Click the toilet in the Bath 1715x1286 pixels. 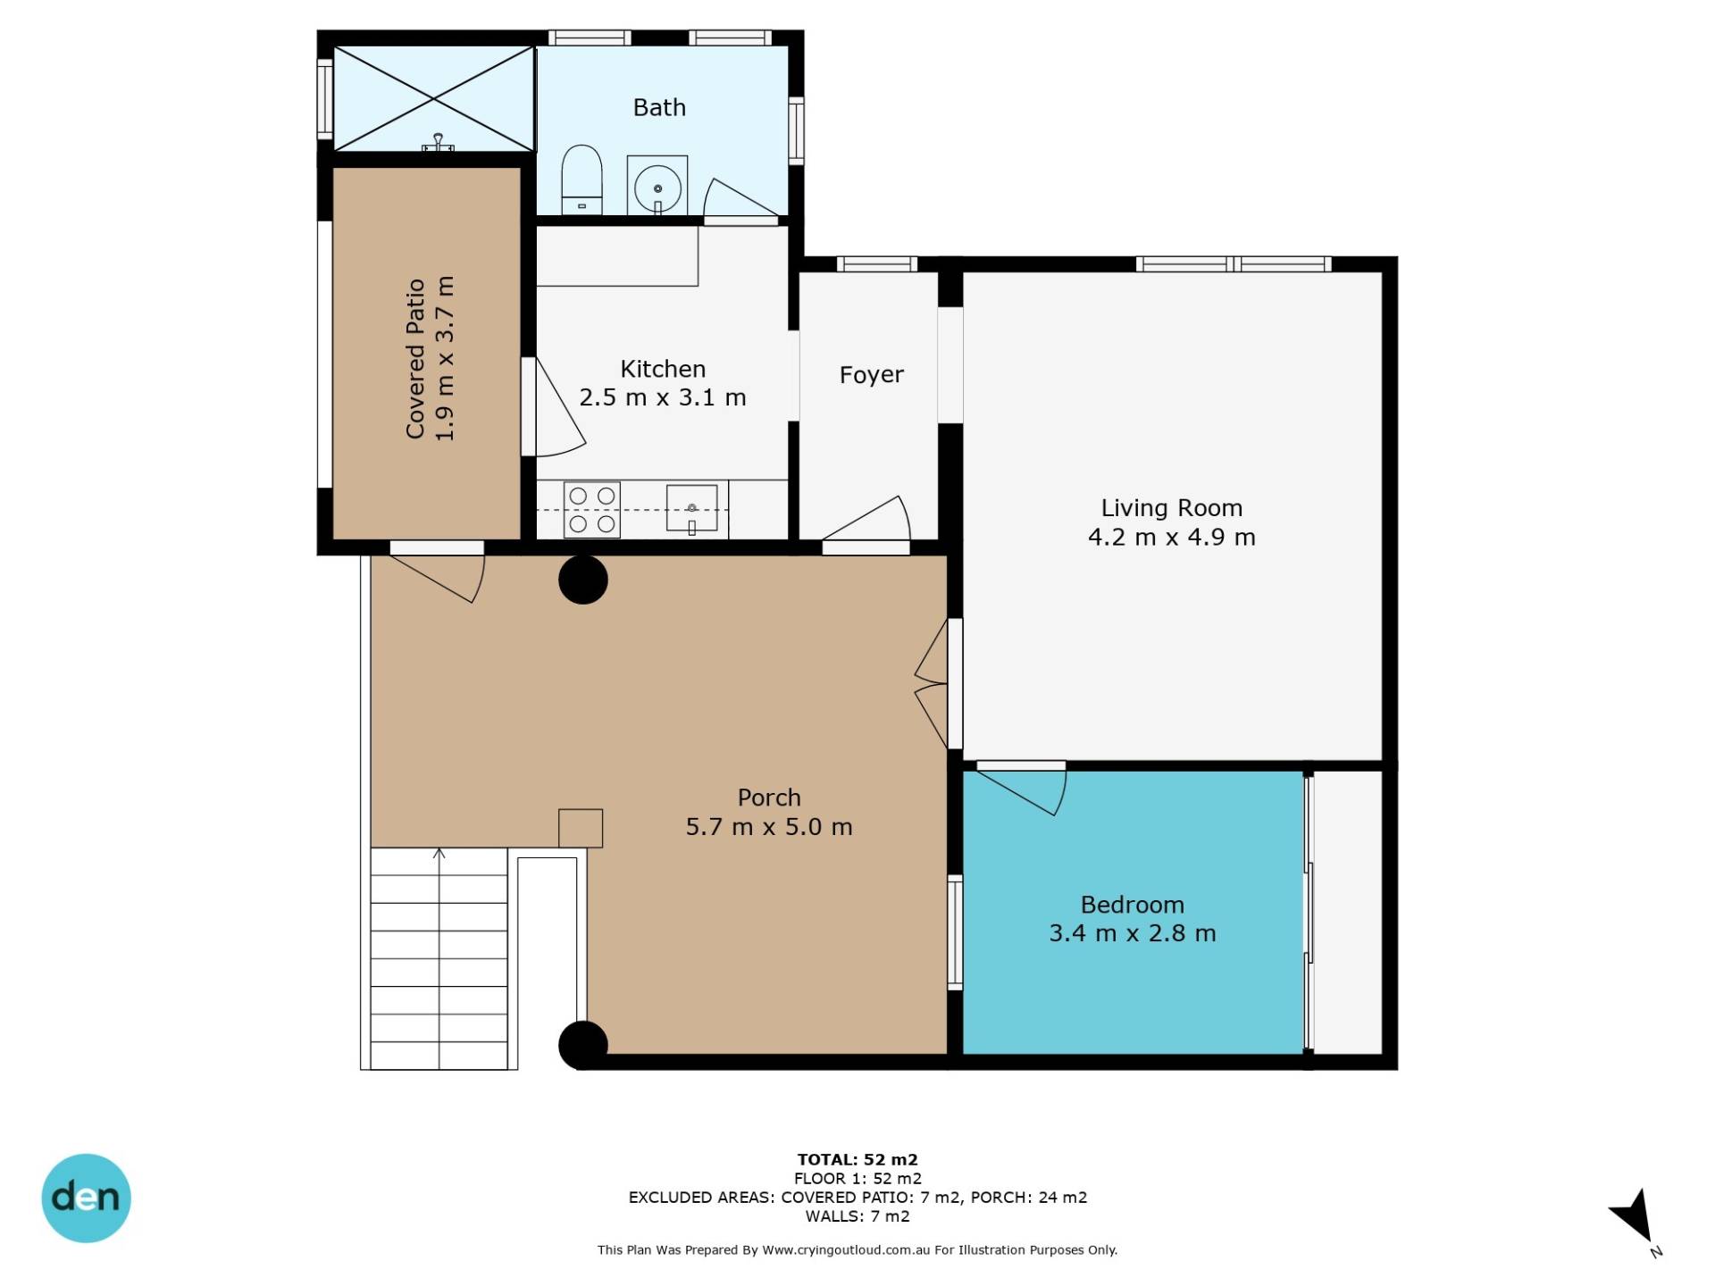point(581,180)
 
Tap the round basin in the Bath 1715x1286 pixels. point(657,188)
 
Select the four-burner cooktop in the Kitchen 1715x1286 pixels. point(591,510)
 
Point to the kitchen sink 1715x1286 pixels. point(691,508)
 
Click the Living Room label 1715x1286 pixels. point(1171,508)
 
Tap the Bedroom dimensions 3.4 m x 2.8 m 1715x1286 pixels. point(1132,933)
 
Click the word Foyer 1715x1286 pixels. point(871,375)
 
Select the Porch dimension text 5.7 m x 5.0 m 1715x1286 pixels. point(768,827)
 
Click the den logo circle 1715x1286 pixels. point(87,1198)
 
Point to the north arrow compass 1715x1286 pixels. point(1636,1218)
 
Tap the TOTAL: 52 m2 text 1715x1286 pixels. point(857,1160)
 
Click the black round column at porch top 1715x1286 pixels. point(583,580)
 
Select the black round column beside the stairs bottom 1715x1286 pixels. point(583,1045)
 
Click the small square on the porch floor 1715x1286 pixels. point(581,828)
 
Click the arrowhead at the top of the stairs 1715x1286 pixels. point(439,854)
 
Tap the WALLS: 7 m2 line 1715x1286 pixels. point(857,1216)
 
